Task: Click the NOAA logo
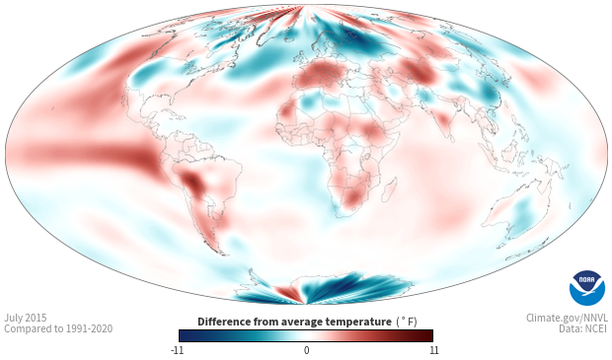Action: pyautogui.click(x=586, y=288)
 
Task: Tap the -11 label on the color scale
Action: pyautogui.click(x=178, y=350)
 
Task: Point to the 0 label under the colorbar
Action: pyautogui.click(x=306, y=350)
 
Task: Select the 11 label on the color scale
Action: pyautogui.click(x=433, y=350)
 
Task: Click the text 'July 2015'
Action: pyautogui.click(x=26, y=318)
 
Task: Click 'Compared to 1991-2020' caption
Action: pyautogui.click(x=58, y=328)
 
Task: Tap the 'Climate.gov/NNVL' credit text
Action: pyautogui.click(x=567, y=318)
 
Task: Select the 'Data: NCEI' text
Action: pyautogui.click(x=583, y=328)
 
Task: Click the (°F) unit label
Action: pyautogui.click(x=407, y=322)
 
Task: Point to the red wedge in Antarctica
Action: pyautogui.click(x=288, y=293)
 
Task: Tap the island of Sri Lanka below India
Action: pyautogui.click(x=451, y=138)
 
